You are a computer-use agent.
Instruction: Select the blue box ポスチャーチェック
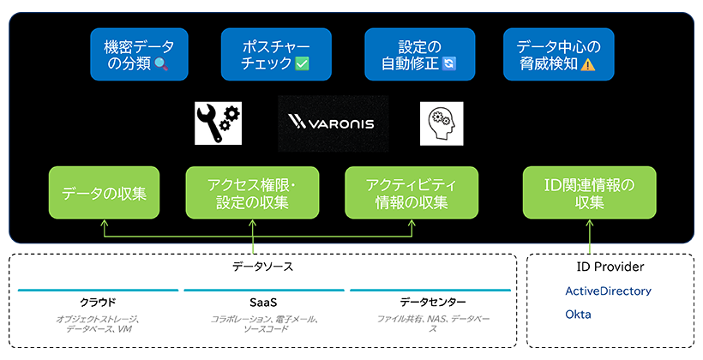[x=264, y=54]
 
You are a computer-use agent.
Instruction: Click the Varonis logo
[x=333, y=124]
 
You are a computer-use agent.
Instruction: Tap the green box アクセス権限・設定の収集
[x=252, y=193]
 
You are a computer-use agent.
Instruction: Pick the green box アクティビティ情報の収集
[x=412, y=193]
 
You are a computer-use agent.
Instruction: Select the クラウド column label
[x=98, y=303]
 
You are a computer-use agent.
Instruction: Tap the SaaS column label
[x=263, y=303]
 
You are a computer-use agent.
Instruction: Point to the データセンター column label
[x=433, y=303]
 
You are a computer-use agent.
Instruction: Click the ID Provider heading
[x=610, y=267]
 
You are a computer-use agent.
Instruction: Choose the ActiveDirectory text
[x=608, y=291]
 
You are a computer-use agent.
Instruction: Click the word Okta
[x=578, y=315]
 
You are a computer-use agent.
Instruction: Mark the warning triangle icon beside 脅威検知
[x=587, y=64]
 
